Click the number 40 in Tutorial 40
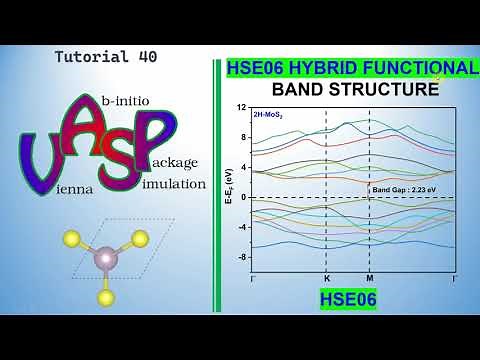146,57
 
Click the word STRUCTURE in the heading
385,90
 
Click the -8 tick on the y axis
241,257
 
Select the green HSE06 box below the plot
348,298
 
